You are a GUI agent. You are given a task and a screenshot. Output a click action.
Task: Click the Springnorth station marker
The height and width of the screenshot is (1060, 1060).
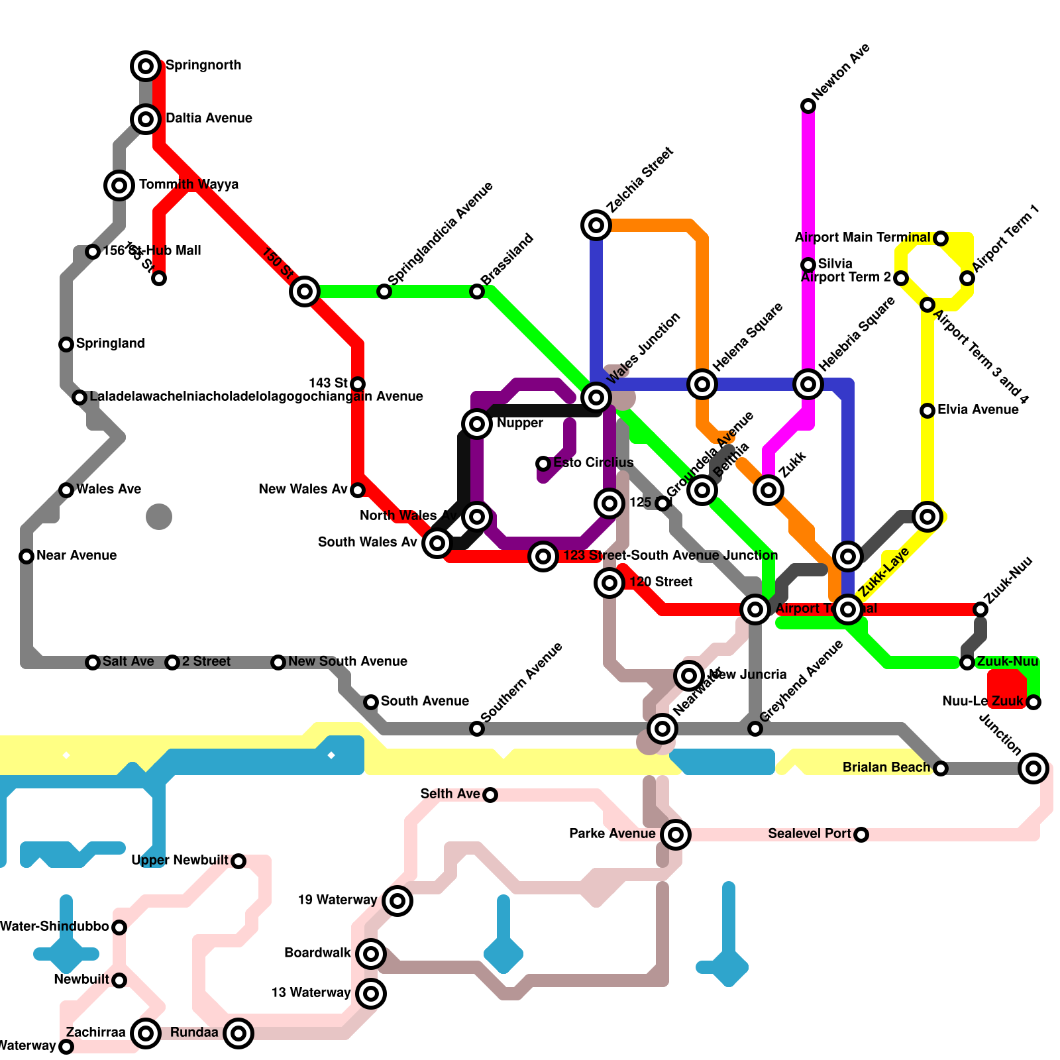(146, 66)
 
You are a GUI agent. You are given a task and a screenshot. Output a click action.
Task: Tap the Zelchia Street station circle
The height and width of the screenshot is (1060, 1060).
(596, 225)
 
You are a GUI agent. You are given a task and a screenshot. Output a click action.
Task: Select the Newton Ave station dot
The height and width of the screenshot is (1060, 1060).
(808, 106)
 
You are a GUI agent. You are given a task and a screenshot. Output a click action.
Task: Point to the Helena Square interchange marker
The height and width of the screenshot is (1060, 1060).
(702, 384)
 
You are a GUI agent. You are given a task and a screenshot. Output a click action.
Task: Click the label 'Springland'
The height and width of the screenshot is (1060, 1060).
(110, 343)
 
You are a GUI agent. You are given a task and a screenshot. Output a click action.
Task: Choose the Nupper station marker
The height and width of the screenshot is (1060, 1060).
(477, 424)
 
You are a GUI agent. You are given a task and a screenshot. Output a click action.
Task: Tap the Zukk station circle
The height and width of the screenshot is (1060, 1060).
(768, 490)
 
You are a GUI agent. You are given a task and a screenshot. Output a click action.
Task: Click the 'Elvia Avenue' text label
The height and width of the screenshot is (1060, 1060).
(978, 409)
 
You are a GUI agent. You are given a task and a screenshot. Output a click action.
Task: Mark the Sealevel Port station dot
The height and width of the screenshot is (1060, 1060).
(861, 835)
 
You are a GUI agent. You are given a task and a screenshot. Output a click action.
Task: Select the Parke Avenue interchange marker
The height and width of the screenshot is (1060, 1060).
(676, 835)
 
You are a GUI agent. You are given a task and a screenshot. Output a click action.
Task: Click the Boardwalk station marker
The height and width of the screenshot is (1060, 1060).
(371, 954)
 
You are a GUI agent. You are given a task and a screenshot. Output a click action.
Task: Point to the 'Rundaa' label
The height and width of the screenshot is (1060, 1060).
(194, 1032)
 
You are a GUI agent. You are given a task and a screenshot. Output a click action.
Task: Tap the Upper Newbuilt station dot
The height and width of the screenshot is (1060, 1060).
(238, 861)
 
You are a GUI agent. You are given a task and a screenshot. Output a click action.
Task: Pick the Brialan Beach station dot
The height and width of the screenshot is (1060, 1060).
(941, 768)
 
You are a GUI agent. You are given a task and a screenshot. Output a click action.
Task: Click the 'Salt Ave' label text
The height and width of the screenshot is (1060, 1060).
(129, 661)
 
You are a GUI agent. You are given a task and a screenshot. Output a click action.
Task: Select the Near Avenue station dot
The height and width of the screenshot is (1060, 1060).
(26, 556)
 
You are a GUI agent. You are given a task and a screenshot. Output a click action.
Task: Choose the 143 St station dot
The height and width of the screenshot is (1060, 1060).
(358, 384)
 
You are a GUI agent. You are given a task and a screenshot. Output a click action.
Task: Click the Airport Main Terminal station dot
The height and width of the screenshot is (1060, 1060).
(941, 238)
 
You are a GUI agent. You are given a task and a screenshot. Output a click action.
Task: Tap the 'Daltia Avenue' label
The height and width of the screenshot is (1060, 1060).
(209, 118)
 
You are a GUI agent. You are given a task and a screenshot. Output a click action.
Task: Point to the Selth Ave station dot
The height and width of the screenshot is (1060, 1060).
(490, 795)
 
